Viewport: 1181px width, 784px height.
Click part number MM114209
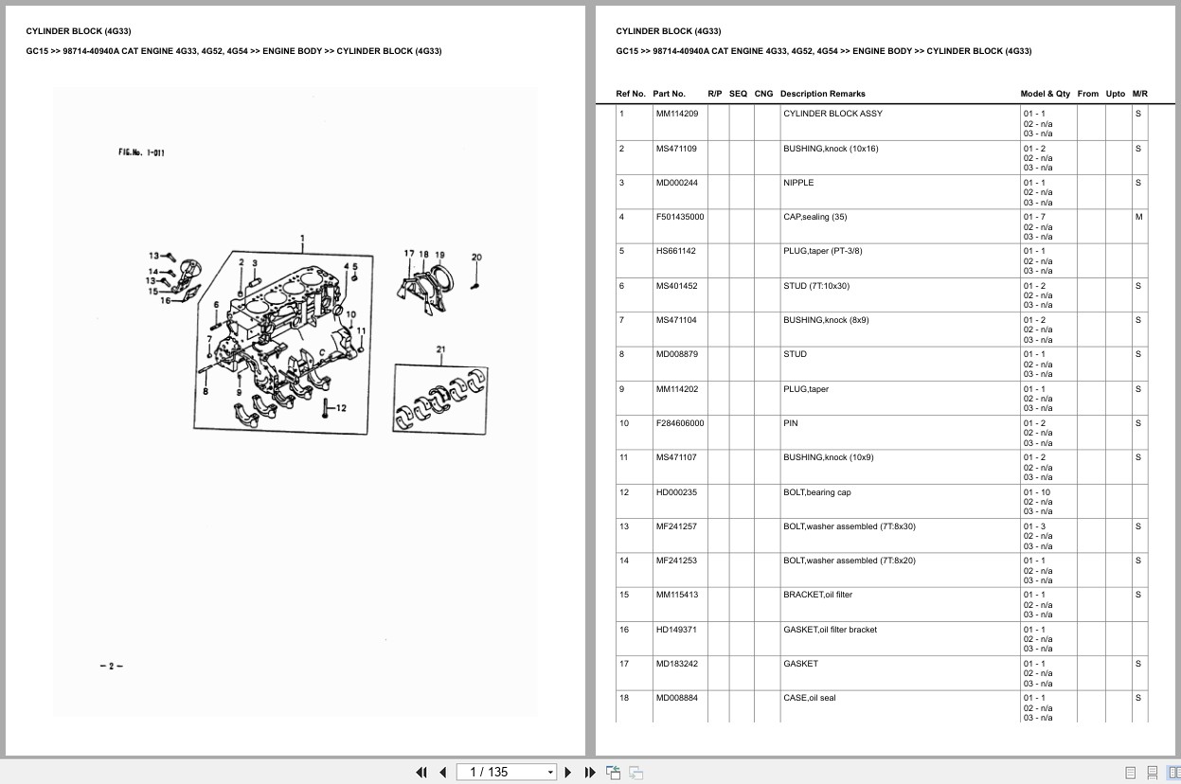[677, 114]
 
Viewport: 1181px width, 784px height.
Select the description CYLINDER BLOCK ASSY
[832, 114]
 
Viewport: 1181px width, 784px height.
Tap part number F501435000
[680, 217]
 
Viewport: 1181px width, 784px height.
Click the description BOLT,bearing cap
[817, 492]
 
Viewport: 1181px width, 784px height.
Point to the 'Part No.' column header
[669, 94]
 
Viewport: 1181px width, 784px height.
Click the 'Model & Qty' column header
[1045, 94]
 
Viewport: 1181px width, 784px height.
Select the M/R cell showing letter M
[1138, 217]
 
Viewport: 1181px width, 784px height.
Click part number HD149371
[676, 630]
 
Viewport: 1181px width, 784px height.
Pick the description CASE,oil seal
[810, 698]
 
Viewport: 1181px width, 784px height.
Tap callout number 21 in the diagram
[440, 349]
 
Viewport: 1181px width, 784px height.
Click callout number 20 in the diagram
[476, 258]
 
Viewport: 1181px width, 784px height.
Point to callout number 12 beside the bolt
[340, 408]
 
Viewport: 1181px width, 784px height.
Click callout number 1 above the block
[302, 239]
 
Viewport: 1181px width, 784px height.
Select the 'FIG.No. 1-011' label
[141, 152]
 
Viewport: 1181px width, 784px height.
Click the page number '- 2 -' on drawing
[111, 666]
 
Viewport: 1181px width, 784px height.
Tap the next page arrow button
[568, 772]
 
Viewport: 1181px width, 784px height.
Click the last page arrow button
[590, 772]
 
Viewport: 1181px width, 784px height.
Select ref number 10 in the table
[624, 423]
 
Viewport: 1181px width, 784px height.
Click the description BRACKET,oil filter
[817, 595]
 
